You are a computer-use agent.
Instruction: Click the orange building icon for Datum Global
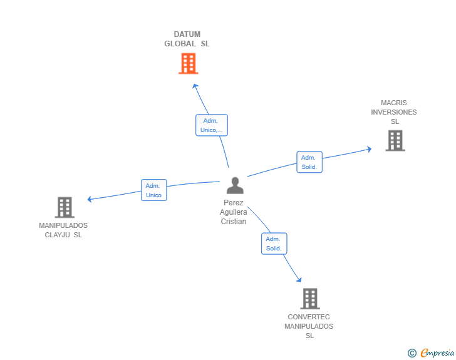(x=188, y=63)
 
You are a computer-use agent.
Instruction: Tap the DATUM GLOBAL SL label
(x=187, y=39)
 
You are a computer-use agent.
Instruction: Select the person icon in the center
(x=235, y=186)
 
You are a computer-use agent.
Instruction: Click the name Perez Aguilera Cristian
(x=233, y=212)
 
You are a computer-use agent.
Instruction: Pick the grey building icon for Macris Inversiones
(x=395, y=141)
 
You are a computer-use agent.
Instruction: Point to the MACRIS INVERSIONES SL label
(x=393, y=112)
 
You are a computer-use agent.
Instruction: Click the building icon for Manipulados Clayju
(x=65, y=207)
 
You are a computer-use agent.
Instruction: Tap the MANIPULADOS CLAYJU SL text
(x=63, y=230)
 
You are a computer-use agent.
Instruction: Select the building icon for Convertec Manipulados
(x=309, y=299)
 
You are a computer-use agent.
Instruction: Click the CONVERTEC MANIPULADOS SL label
(x=309, y=326)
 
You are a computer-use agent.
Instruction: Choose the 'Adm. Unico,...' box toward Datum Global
(x=211, y=125)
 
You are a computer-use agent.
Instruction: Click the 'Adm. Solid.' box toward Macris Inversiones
(x=309, y=162)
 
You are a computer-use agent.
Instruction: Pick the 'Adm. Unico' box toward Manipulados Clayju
(x=153, y=190)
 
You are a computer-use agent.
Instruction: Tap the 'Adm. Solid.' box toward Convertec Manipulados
(x=274, y=244)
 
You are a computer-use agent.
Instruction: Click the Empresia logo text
(x=437, y=353)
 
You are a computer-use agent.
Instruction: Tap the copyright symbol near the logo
(x=412, y=354)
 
